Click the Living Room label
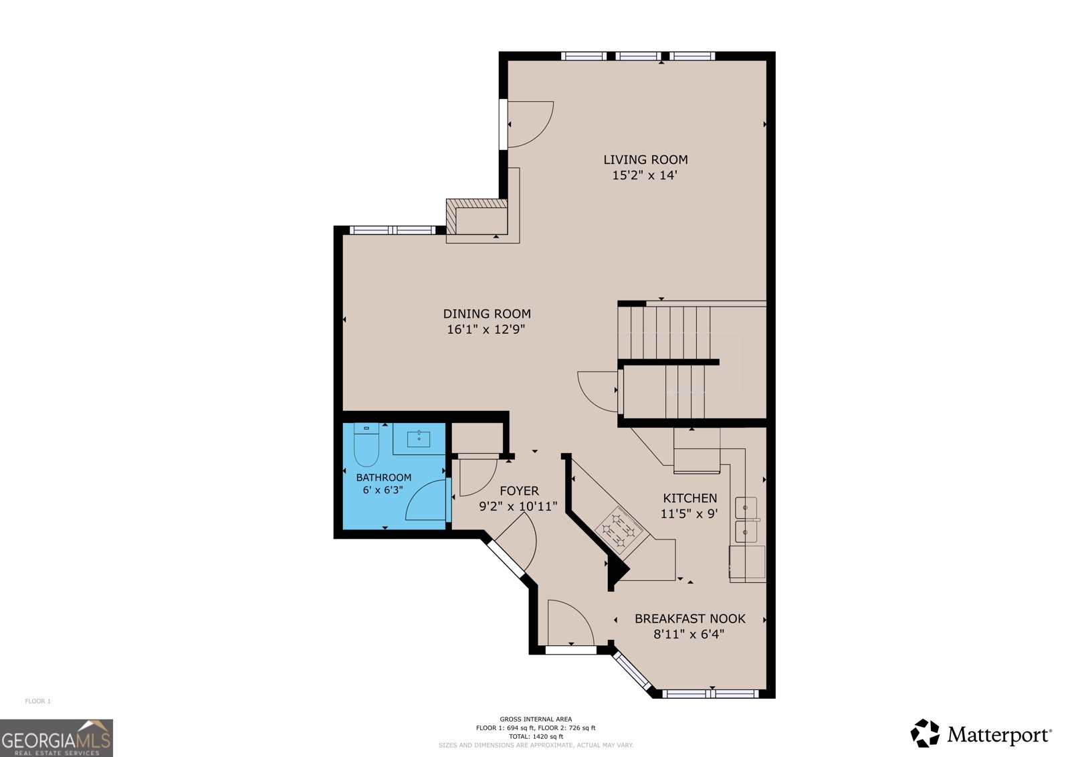(645, 159)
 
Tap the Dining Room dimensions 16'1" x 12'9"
(486, 329)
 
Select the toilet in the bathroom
(366, 445)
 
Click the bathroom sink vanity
(419, 439)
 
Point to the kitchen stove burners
(619, 530)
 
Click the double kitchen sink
(746, 520)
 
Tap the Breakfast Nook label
(689, 618)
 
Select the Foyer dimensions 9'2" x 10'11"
(518, 507)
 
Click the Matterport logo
(980, 734)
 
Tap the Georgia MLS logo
(56, 738)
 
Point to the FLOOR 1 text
(38, 701)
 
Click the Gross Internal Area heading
(536, 720)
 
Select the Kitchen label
(689, 498)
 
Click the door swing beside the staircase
(598, 392)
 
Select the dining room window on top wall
(393, 230)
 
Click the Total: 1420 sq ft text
(536, 736)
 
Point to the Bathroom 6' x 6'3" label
(383, 483)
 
